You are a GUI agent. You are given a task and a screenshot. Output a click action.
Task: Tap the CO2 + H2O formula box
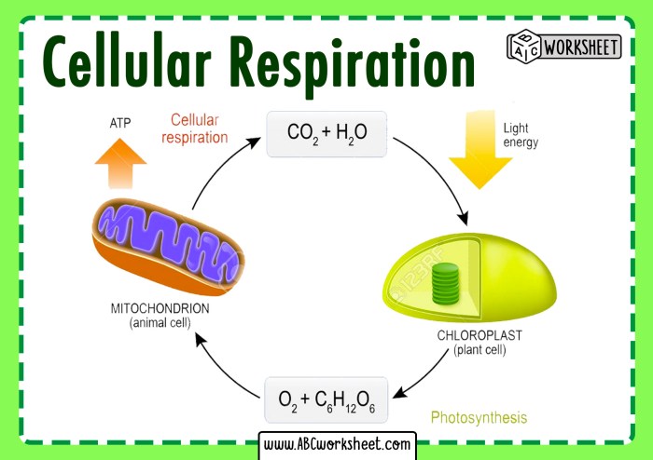[x=326, y=134]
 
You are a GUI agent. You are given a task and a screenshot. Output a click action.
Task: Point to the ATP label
[x=120, y=122]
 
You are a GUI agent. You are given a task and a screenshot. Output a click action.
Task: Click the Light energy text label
[x=521, y=135]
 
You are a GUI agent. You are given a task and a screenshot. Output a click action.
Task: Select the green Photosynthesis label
[x=478, y=418]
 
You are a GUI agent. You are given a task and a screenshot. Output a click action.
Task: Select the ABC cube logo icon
[x=522, y=46]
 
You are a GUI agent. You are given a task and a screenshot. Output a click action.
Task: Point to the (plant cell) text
[x=479, y=350]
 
